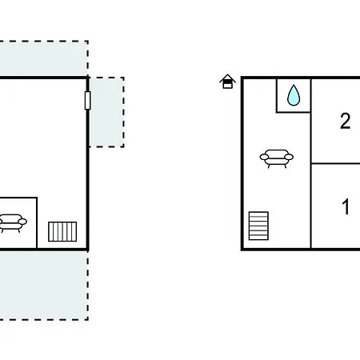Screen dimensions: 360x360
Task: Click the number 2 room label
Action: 346,122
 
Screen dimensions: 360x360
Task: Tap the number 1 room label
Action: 346,206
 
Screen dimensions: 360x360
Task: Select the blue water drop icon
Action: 294,95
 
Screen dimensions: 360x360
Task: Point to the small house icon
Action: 227,82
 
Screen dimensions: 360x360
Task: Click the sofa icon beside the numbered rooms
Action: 277,158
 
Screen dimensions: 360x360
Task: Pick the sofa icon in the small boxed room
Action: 12,223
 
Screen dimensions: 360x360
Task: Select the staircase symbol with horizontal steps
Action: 258,226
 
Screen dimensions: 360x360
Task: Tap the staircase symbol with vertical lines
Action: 62,231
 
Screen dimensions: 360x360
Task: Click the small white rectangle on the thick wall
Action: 87,100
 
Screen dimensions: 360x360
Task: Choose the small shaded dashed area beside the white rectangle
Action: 106,112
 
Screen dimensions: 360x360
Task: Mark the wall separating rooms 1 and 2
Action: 335,163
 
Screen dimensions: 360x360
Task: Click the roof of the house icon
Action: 227,78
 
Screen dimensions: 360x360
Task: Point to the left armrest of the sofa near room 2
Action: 264,157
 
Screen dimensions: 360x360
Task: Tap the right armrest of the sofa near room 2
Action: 289,157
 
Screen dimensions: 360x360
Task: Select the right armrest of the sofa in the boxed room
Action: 22,222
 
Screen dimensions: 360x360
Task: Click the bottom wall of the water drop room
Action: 294,112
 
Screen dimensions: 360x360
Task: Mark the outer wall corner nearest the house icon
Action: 242,78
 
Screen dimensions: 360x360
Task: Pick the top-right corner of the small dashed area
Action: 124,78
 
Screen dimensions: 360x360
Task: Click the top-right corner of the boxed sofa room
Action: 37,198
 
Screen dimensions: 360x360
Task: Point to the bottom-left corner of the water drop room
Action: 277,112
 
